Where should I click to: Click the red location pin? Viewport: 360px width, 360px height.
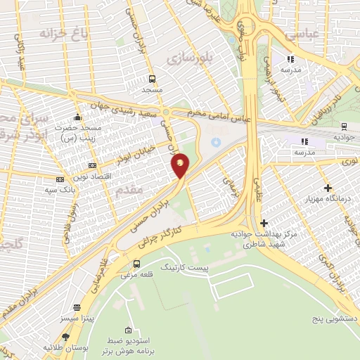(x=181, y=165)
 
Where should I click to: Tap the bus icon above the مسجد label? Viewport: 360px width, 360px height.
(x=153, y=79)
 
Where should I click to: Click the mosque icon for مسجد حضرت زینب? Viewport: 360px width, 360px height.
(x=78, y=116)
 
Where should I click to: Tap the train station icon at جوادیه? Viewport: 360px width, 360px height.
(x=343, y=127)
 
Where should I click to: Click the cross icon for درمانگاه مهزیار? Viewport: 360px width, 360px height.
(x=328, y=188)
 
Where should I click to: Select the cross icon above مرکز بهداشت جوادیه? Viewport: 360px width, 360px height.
(x=263, y=223)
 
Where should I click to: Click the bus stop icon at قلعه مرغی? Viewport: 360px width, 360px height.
(x=136, y=264)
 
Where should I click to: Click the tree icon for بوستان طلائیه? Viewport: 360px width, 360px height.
(x=65, y=337)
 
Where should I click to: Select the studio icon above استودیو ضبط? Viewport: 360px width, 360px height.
(x=128, y=330)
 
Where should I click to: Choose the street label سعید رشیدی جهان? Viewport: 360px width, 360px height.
(x=131, y=108)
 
